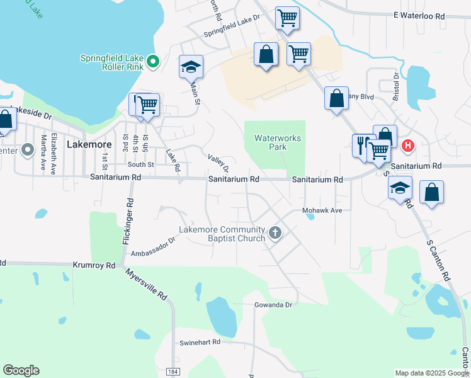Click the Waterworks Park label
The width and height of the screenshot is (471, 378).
[x=278, y=142]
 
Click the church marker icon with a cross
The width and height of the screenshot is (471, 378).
[x=275, y=234]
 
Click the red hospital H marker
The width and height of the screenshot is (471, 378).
[x=407, y=146]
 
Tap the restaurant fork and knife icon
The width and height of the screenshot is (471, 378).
[x=361, y=145]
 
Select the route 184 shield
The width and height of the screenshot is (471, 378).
[x=173, y=372]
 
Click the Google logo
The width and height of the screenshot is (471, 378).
[x=21, y=370]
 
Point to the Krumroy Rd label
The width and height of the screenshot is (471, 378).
[x=94, y=266]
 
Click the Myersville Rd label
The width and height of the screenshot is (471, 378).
[x=146, y=284]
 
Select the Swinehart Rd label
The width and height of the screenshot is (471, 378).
[x=200, y=342]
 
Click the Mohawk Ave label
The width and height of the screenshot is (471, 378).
[x=322, y=210]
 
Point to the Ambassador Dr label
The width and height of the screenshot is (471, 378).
[x=152, y=247]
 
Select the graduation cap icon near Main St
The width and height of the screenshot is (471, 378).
[x=191, y=66]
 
